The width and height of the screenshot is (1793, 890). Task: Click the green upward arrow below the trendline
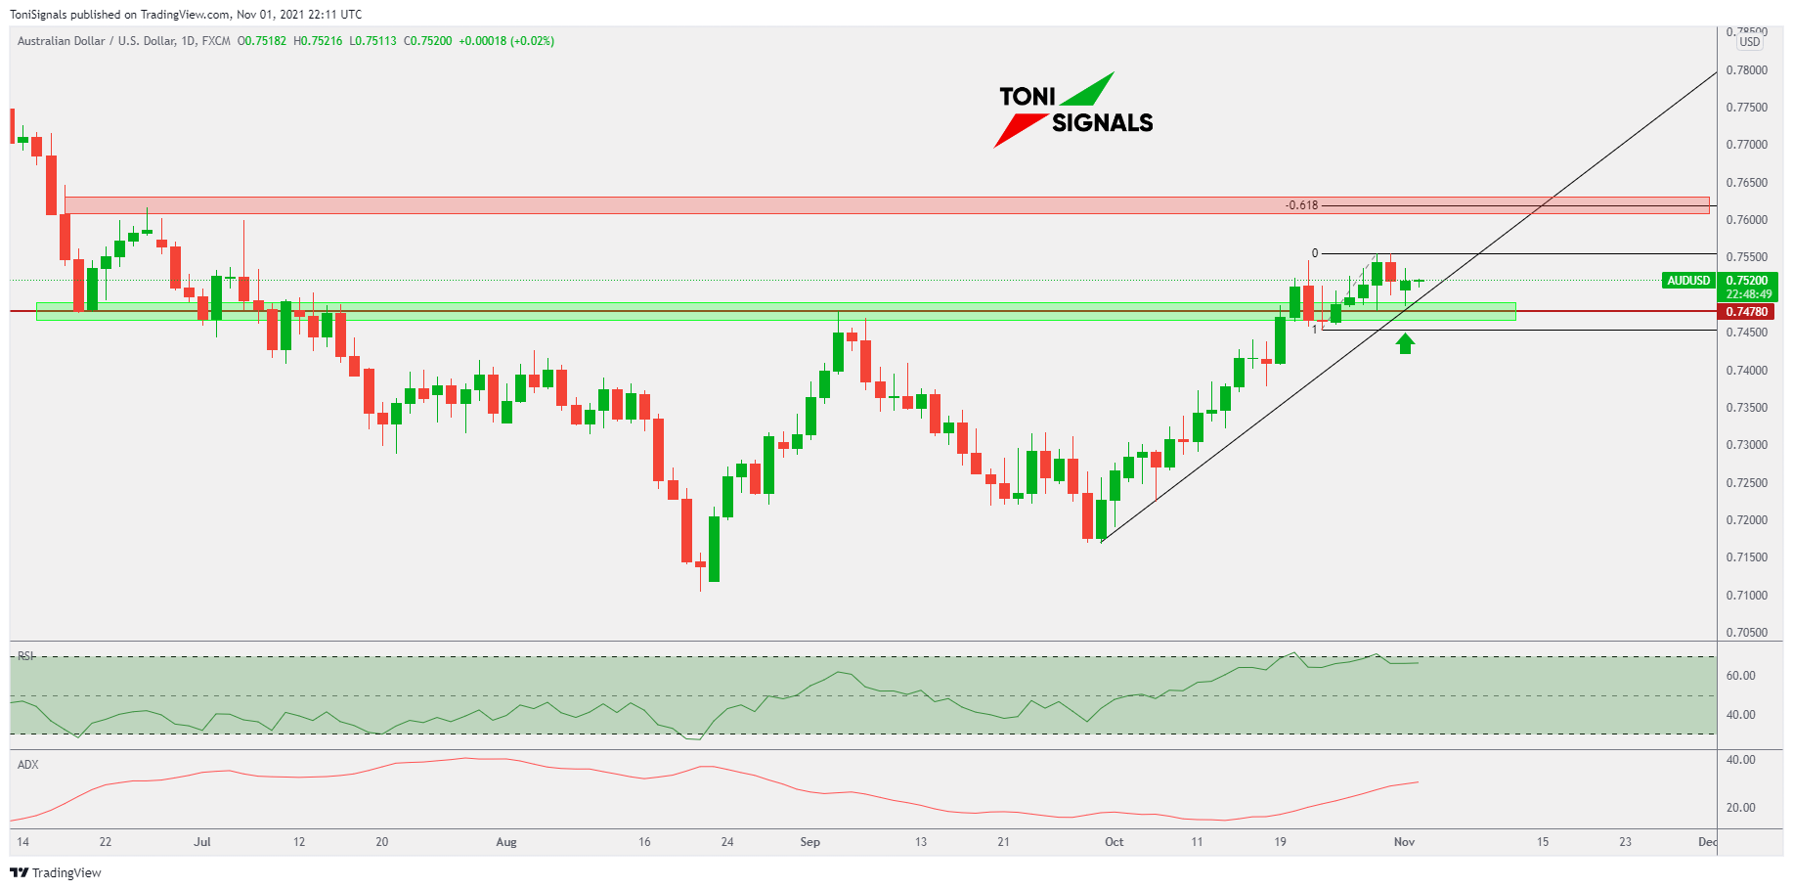[1405, 343]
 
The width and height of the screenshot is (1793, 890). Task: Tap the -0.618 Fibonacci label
[1301, 205]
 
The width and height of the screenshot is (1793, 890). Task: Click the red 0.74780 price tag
[1747, 312]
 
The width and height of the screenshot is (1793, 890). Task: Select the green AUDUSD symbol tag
[1688, 281]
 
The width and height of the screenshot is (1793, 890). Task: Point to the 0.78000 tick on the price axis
[1747, 70]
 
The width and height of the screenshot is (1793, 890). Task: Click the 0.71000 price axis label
[1747, 595]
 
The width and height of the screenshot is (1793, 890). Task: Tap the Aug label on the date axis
[505, 842]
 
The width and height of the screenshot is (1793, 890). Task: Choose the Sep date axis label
[809, 842]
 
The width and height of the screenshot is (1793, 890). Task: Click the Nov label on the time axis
[1404, 842]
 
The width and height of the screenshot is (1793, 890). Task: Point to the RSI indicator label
[25, 656]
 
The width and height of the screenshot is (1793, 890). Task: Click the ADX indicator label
[27, 765]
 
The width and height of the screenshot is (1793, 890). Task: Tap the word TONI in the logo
[1028, 97]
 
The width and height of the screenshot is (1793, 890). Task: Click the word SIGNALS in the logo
[1102, 123]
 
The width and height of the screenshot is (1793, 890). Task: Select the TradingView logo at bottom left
[56, 872]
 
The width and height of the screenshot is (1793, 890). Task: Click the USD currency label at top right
[1749, 42]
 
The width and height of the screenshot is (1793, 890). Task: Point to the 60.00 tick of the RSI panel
[1740, 676]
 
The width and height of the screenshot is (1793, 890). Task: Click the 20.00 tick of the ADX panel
[1740, 808]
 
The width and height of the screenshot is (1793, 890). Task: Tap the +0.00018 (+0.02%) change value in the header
[506, 41]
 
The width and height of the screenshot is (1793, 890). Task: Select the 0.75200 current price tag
[1747, 281]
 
